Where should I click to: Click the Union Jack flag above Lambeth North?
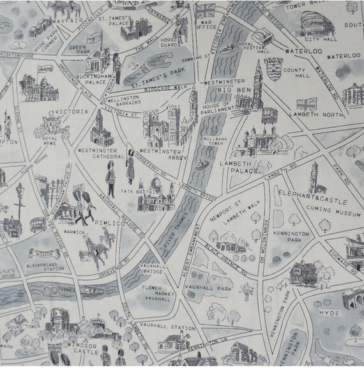point(308,102)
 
